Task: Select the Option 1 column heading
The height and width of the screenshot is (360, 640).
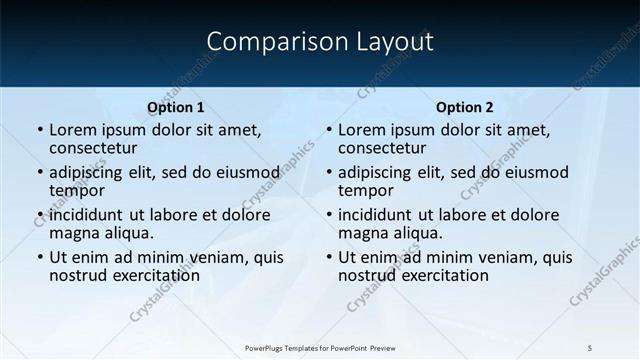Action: coord(175,107)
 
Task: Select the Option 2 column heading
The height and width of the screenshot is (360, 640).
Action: coord(465,107)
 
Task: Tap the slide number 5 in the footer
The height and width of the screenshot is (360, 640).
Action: coord(590,347)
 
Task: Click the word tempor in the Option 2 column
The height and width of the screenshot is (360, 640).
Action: coord(365,191)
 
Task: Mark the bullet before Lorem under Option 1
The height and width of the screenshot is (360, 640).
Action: coord(40,130)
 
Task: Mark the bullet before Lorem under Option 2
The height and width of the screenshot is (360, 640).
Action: coord(329,130)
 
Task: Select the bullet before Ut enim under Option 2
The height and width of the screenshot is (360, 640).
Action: coord(329,257)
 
